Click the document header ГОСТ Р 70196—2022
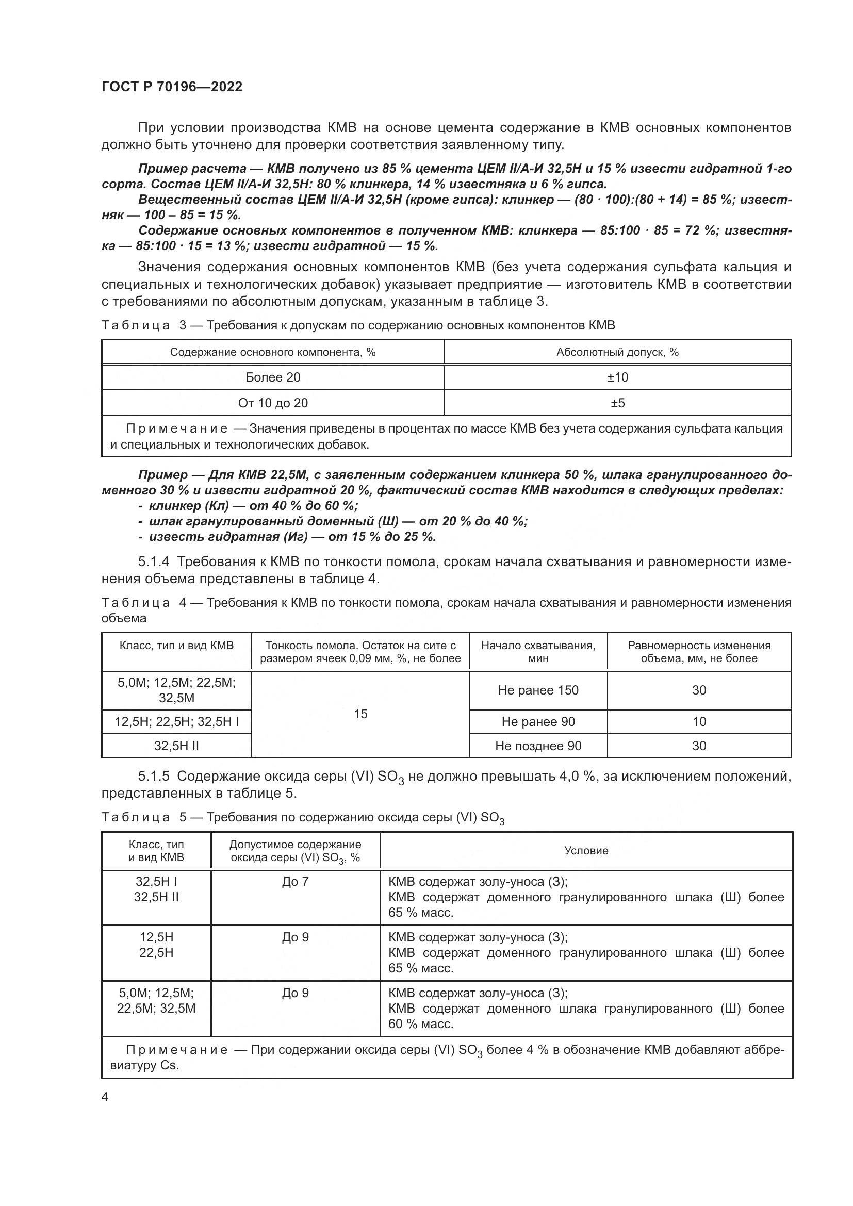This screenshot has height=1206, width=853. point(172,87)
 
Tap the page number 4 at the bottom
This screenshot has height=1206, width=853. point(105,1097)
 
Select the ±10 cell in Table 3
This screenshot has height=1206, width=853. point(617,377)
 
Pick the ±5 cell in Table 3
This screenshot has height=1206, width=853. point(617,403)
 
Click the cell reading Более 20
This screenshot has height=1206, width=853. point(273,377)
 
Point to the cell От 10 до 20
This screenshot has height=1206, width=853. point(273,403)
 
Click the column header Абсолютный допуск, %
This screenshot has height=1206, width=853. point(617,352)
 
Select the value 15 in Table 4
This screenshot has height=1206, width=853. point(360,714)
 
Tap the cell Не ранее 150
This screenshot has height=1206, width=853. point(538,690)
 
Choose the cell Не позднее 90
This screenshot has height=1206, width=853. point(538,746)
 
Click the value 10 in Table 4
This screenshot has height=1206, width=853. point(699,722)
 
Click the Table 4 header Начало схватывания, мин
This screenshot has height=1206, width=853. point(538,651)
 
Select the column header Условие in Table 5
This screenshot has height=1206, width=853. point(586,850)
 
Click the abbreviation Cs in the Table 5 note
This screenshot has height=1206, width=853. point(171,1066)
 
